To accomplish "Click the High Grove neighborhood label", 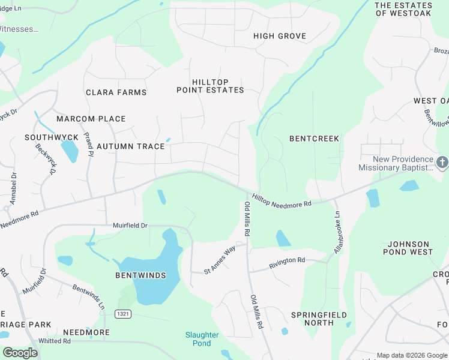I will pos(280,36).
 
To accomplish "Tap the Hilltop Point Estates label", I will pos(210,86).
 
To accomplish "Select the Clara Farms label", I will pos(116,92).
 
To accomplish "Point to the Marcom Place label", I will pos(91,119).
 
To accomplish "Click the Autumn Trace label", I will pos(130,146).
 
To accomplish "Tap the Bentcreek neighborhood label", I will pos(314,139).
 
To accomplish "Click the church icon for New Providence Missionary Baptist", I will pos(442,162).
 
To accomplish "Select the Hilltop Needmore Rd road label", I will pos(282,200).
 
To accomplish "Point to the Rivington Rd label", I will pos(287,261).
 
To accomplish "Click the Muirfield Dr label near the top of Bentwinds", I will pos(130,226).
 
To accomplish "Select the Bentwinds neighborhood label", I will pos(140,275).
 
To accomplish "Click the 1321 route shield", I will pos(123,314).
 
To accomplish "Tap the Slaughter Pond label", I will pos(202,339).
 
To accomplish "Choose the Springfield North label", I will pos(312,319).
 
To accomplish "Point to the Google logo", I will pos(20,352).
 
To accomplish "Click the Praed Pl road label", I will pos(89,145).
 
